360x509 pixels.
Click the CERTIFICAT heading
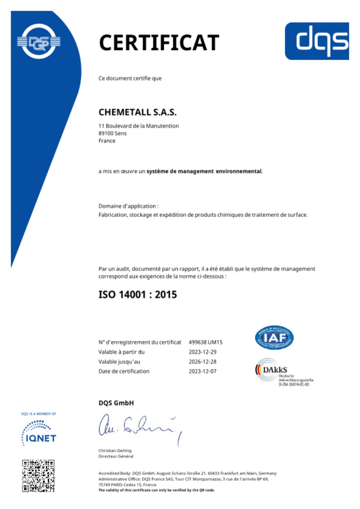pos(159,43)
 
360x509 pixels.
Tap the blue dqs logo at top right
pos(317,41)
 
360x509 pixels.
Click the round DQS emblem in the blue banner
pos(39,41)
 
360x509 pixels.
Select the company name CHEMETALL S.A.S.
pos(137,113)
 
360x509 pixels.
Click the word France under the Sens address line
pos(107,141)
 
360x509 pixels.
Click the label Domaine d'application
pos(128,206)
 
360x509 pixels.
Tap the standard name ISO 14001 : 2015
pos(138,295)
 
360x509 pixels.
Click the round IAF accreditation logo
pos(274,338)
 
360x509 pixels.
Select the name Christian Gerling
pos(115,450)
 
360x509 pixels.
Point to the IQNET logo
pos(39,433)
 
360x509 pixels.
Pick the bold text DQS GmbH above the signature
pos(116,403)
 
